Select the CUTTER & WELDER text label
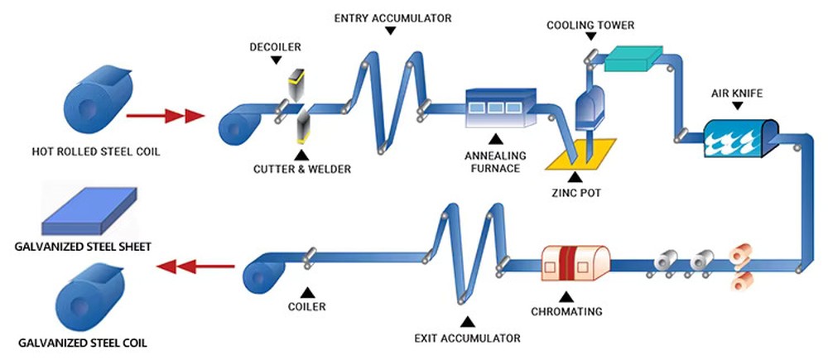(x=301, y=169)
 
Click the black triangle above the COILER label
(x=306, y=291)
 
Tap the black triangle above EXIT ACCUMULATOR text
(x=467, y=320)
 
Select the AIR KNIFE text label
(x=740, y=93)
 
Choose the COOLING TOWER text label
(x=590, y=25)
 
